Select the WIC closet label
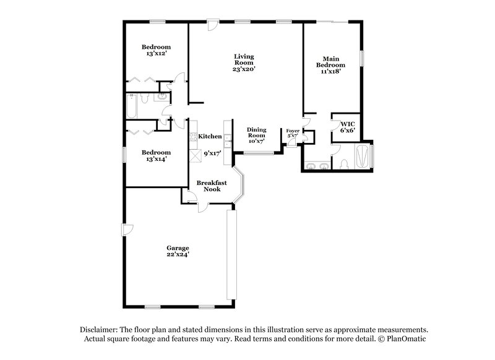(x=346, y=123)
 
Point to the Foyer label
(x=292, y=131)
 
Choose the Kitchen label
(x=210, y=136)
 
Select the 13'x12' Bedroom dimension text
(x=156, y=54)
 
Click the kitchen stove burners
(x=193, y=137)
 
